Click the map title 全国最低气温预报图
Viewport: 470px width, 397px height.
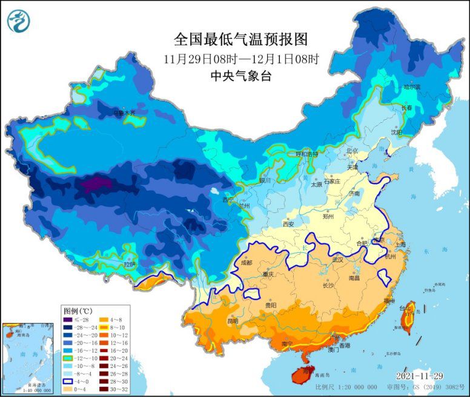pos(240,39)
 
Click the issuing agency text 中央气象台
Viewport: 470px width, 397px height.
pos(240,76)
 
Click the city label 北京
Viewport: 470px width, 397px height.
pos(352,150)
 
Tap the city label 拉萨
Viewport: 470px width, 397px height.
pos(130,264)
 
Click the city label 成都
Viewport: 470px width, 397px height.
pos(246,263)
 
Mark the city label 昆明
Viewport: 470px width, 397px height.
pos(232,320)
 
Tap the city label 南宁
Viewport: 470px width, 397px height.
pos(288,344)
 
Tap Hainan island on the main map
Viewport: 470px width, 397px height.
pos(302,372)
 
